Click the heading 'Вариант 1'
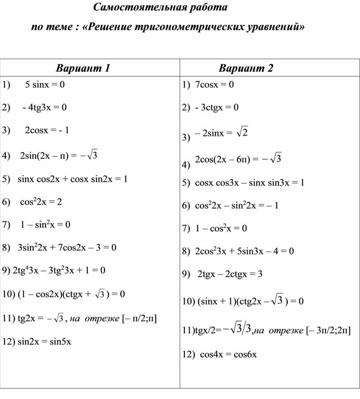click(x=82, y=68)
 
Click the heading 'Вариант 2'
click(x=246, y=68)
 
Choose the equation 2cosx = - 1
click(x=47, y=130)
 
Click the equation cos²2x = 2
click(x=41, y=202)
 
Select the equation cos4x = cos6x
click(x=228, y=354)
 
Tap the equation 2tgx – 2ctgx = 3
click(x=230, y=274)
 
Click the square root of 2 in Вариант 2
click(x=242, y=132)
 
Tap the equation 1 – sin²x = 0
click(x=45, y=225)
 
